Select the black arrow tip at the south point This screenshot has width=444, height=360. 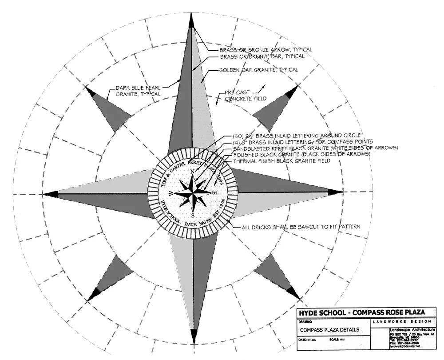[194, 336]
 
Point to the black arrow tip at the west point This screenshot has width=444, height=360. [50, 194]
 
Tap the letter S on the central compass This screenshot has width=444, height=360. [193, 215]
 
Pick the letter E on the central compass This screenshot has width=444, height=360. [215, 193]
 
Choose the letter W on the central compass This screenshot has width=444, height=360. [170, 193]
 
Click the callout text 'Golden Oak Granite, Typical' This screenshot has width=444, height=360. [258, 70]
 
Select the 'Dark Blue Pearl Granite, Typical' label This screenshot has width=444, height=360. [138, 91]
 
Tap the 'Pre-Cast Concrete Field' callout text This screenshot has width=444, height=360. [245, 95]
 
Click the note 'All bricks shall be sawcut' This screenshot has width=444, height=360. [300, 227]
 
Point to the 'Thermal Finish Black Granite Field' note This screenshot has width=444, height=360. [281, 160]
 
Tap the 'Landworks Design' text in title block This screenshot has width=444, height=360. [401, 321]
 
